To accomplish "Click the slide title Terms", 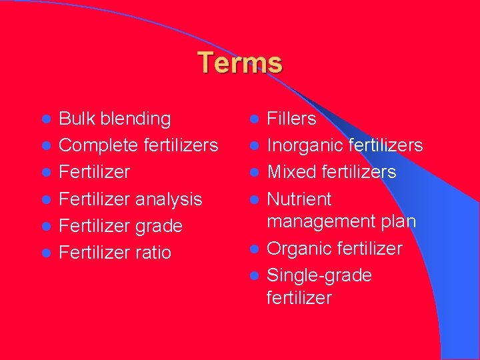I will [x=240, y=63].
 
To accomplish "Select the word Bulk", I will [x=76, y=119].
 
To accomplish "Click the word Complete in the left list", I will [x=97, y=146].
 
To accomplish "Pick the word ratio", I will [x=153, y=253].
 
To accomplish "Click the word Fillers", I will [x=291, y=119].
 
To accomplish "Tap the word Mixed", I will [x=292, y=172].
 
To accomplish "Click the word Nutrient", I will [x=299, y=199].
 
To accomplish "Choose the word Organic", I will [x=299, y=249].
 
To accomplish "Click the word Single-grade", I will [x=319, y=275].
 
